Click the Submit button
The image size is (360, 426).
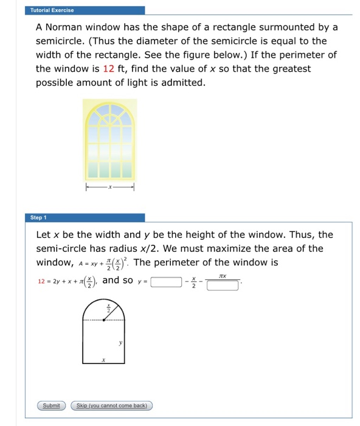[x=51, y=405]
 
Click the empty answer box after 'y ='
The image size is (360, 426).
[x=166, y=281]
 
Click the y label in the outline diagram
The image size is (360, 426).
[x=120, y=343]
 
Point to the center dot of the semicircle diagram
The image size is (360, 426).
[x=104, y=319]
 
